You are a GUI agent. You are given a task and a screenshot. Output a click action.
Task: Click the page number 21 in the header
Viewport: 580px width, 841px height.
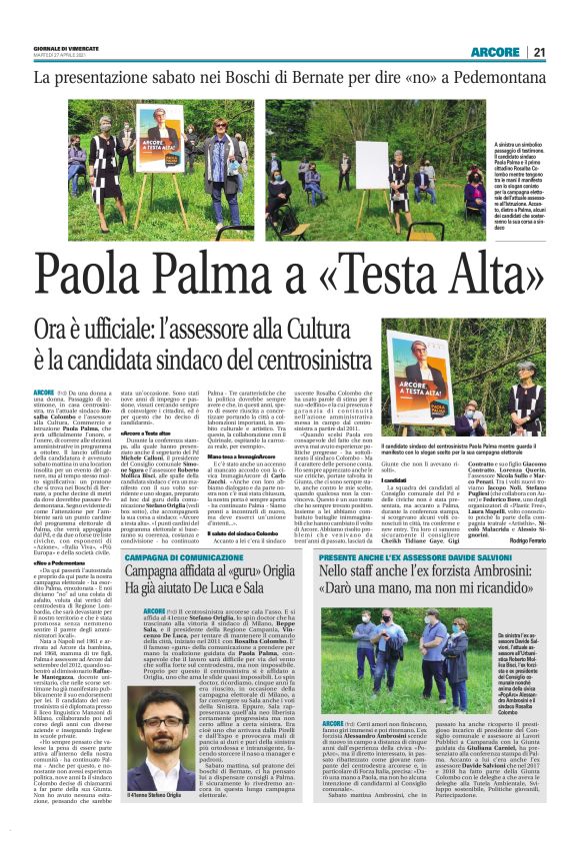click(538, 51)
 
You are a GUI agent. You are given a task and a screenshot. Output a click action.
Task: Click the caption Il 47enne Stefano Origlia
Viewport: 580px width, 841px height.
click(160, 821)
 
